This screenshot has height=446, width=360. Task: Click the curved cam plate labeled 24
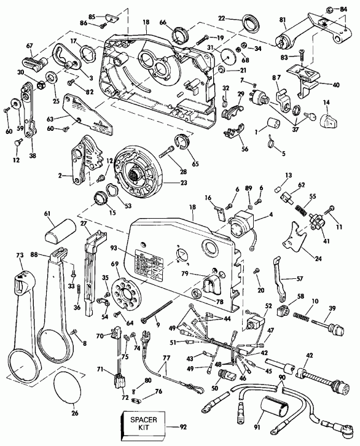296,245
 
